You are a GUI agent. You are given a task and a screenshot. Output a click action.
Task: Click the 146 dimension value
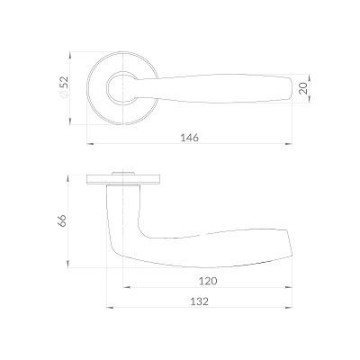coord(189,138)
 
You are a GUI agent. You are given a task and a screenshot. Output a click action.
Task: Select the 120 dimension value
coord(208,281)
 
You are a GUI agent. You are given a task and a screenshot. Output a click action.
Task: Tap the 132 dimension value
coord(199,301)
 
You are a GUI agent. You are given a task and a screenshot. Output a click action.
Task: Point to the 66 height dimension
coord(62,220)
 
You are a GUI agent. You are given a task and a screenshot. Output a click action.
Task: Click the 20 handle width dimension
coord(303,88)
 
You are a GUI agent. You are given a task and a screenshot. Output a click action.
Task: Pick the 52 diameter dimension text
coord(64,82)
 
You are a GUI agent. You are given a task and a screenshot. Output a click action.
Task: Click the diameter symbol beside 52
coord(64,94)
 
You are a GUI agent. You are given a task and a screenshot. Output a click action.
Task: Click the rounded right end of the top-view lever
coord(290,88)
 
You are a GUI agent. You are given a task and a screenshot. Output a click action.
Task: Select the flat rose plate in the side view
coord(123,179)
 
